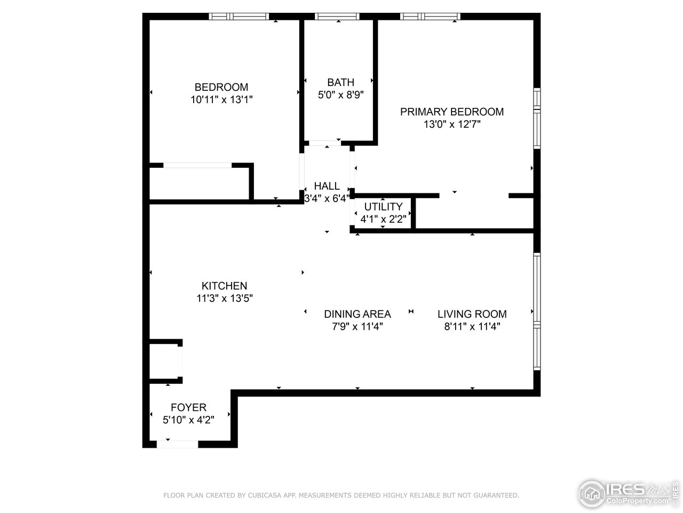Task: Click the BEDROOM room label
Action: click(221, 87)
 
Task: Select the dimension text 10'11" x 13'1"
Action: click(221, 99)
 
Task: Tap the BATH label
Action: click(340, 82)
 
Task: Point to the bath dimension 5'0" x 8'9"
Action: click(340, 95)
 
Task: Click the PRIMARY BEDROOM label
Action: click(451, 112)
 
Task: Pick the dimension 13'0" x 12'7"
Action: click(451, 125)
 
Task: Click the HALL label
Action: click(327, 186)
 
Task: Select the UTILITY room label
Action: click(383, 207)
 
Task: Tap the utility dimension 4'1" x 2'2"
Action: click(383, 219)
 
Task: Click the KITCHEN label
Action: click(224, 286)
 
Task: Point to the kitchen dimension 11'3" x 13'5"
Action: click(224, 298)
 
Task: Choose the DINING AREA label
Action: click(357, 314)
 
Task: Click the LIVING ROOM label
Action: click(472, 314)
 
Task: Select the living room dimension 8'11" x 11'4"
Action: click(472, 327)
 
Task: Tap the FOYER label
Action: click(188, 408)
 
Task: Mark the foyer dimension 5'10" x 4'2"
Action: click(188, 420)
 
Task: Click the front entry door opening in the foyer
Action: click(177, 444)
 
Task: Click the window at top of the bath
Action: click(338, 17)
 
